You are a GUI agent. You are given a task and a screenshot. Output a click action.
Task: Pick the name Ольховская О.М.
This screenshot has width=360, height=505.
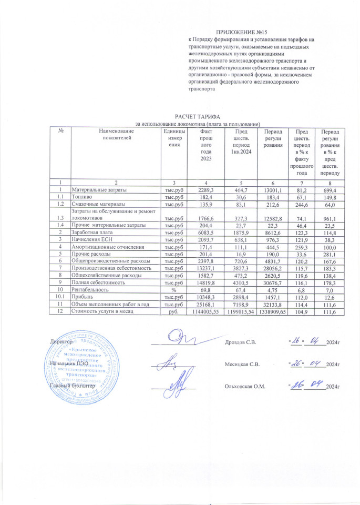coord(245,387)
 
